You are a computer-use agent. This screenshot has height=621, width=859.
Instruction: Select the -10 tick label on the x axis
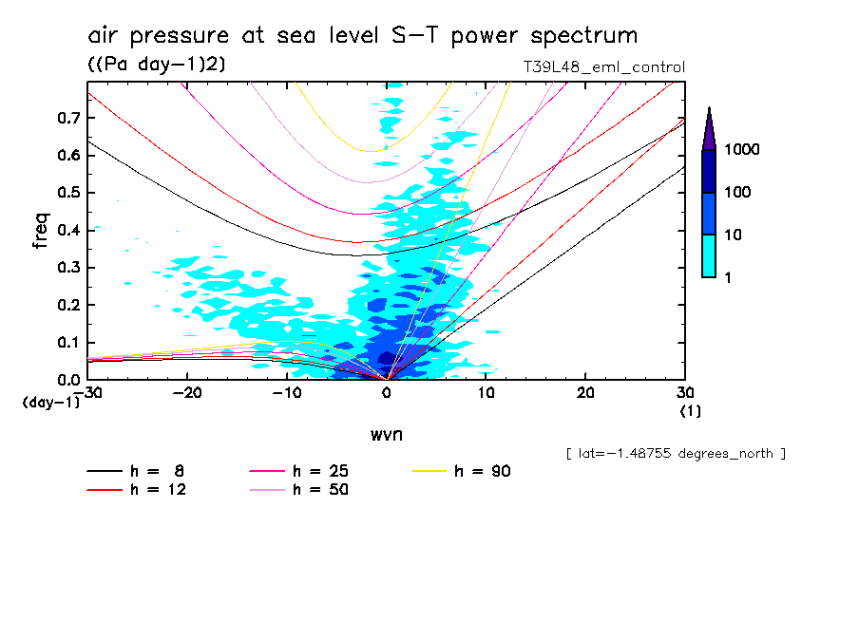287,393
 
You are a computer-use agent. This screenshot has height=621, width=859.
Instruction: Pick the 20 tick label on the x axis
585,393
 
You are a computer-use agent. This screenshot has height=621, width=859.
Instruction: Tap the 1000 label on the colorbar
745,150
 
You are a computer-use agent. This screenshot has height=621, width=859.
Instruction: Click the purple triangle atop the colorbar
709,129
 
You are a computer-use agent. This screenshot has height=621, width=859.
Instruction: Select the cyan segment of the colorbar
709,255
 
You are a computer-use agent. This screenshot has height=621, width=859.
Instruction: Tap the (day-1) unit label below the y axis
50,403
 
